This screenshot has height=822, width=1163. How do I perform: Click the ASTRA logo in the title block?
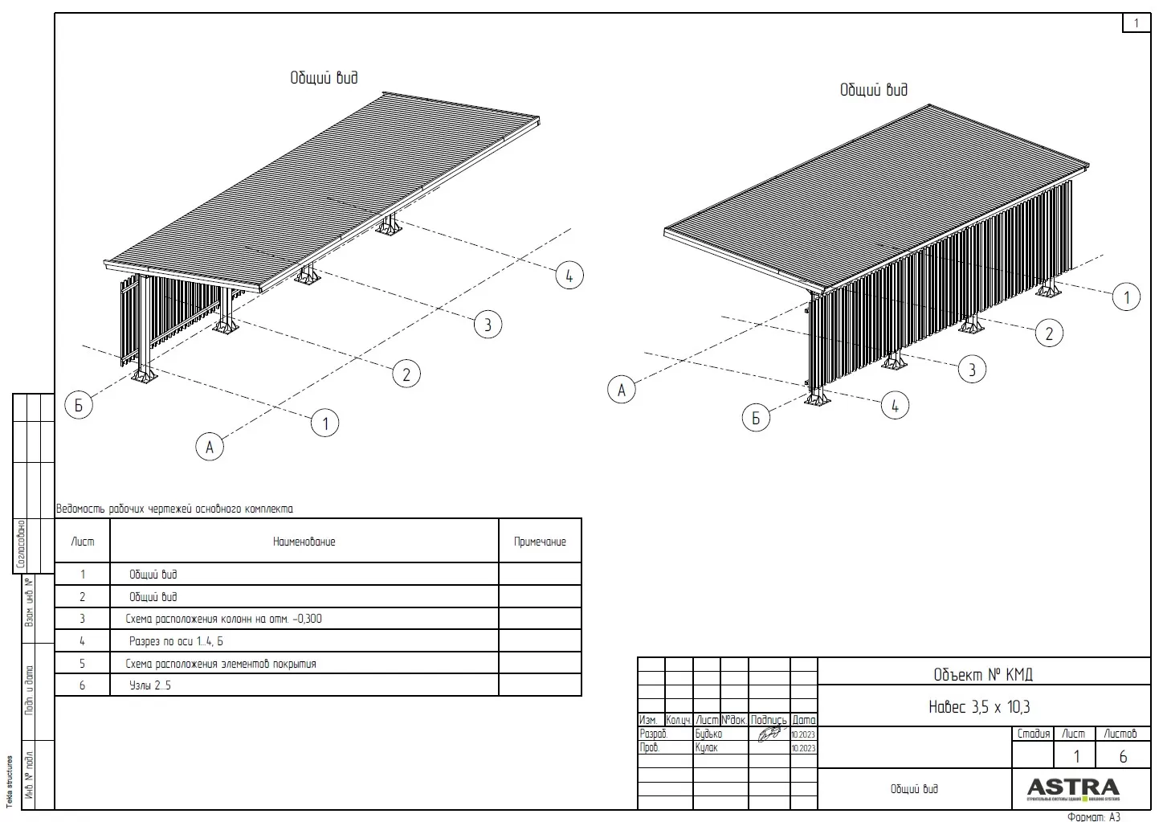1072,787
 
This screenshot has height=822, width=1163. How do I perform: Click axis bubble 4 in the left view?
569,276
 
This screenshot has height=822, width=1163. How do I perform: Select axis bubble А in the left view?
210,446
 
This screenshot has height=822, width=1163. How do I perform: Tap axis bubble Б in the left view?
79,405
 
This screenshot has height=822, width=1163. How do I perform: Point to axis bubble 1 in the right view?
1126,297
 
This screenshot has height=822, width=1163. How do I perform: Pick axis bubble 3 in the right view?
972,370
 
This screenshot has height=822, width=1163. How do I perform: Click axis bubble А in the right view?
621,391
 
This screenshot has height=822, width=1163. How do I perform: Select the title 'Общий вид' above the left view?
324,78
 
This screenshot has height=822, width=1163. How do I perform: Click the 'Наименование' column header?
304,542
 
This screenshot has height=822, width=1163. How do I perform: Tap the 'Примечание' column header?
540,542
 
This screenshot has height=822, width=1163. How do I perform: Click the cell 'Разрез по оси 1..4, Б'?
176,641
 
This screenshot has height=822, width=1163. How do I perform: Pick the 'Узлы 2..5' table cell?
150,685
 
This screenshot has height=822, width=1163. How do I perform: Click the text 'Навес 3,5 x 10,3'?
979,707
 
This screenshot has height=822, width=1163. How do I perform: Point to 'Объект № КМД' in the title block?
983,673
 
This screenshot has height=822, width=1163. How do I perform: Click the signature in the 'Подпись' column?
769,734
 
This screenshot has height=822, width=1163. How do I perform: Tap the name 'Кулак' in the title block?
707,747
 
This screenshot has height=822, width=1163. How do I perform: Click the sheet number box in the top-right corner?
1136,23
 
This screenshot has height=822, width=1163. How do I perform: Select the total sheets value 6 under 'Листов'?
1123,757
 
